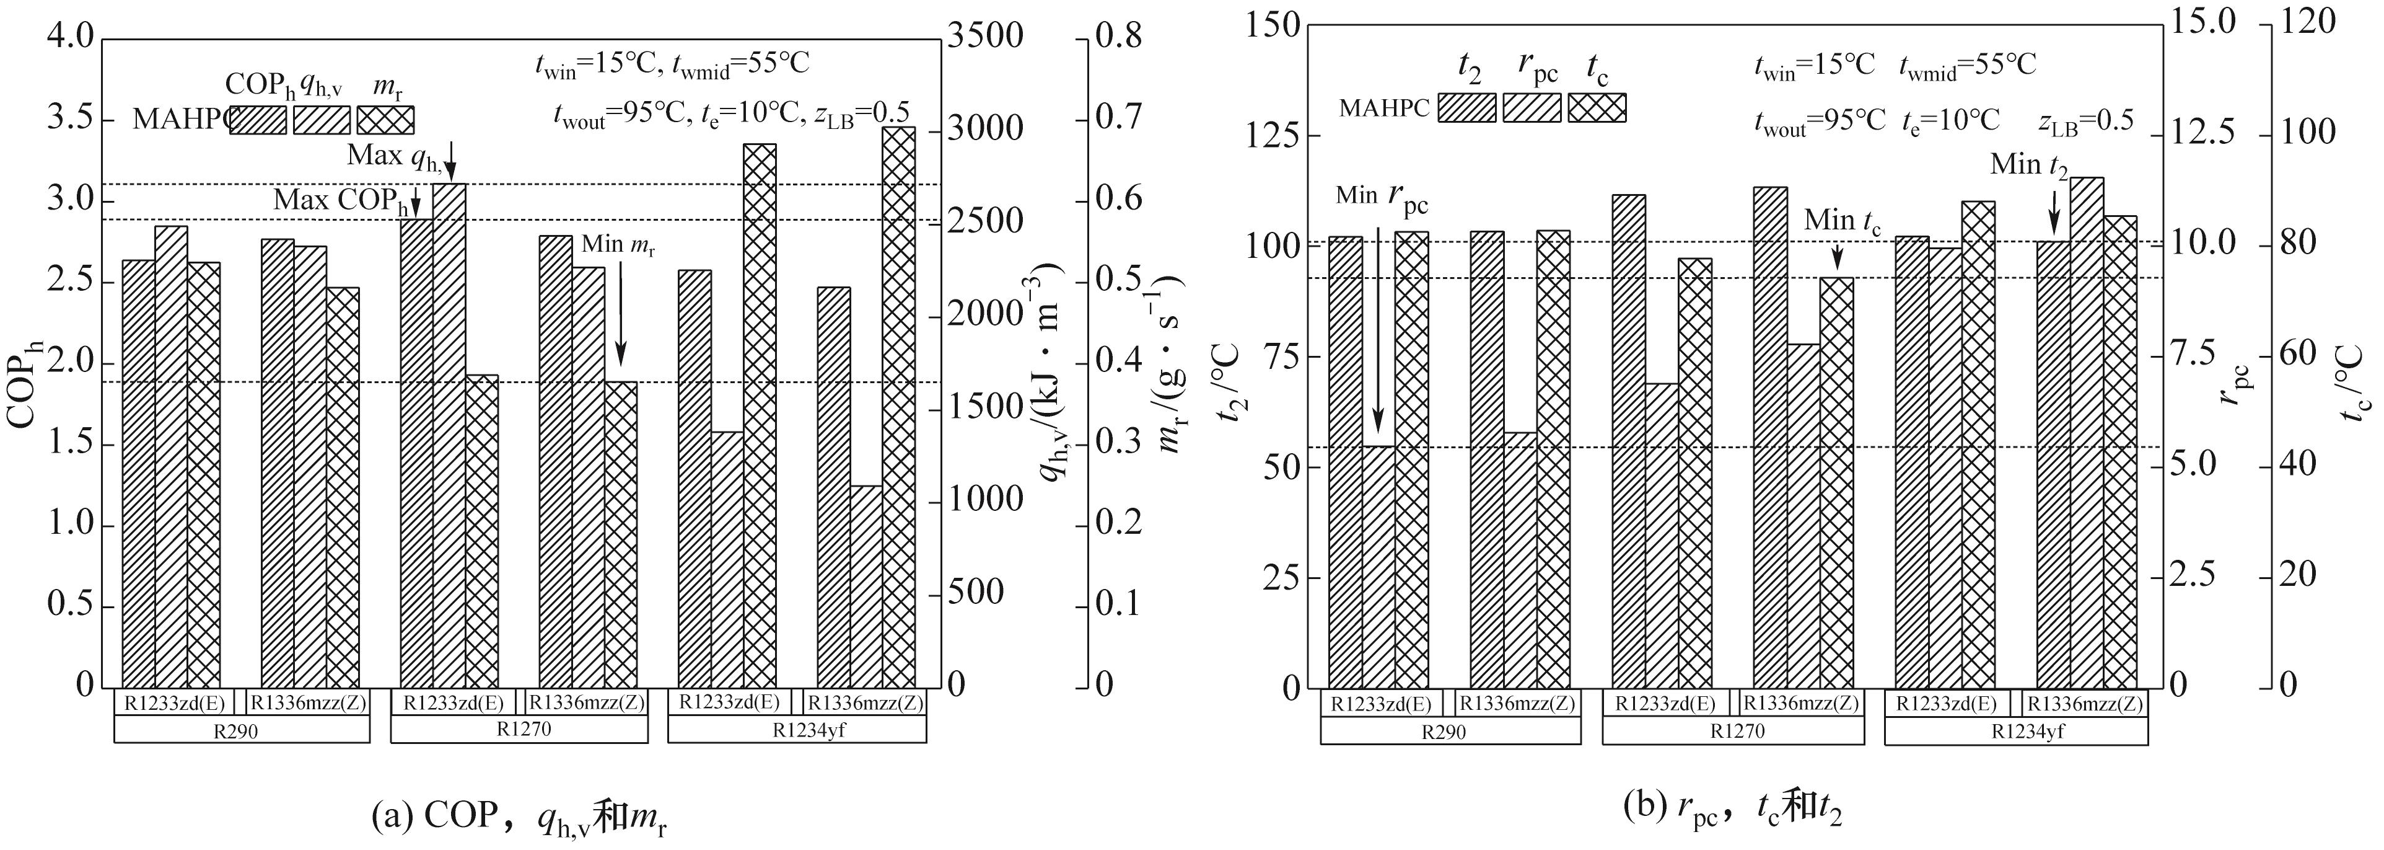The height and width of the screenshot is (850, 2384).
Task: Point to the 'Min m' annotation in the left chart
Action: click(x=617, y=246)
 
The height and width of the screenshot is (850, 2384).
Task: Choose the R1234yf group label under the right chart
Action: click(x=2015, y=730)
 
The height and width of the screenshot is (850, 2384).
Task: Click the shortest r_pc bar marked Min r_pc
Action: click(x=1378, y=567)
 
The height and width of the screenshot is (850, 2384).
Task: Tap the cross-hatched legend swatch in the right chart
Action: click(x=1597, y=107)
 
